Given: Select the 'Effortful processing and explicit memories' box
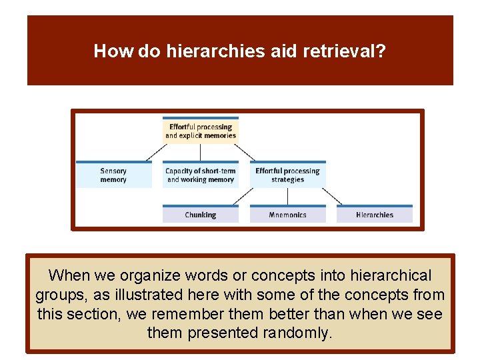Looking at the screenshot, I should click(201, 131).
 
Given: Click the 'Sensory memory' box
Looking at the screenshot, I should click(113, 175).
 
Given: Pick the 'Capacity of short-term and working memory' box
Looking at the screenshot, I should click(201, 175).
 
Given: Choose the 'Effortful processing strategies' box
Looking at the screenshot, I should click(287, 175).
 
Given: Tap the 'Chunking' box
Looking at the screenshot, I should click(201, 215).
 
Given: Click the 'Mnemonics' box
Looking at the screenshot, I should click(287, 215).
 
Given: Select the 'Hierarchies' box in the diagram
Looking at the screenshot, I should click(375, 215).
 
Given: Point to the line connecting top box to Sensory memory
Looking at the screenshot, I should click(157, 152).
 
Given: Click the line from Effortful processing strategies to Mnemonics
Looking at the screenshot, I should click(287, 196).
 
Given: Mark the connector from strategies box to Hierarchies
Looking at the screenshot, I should click(331, 196).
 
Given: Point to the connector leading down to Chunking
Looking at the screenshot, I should click(244, 196).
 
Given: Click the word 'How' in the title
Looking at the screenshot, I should click(114, 51).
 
